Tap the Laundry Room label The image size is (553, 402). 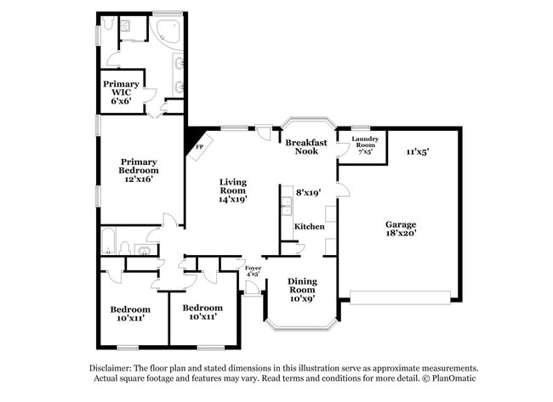[365, 144]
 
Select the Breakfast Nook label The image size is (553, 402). [301, 146]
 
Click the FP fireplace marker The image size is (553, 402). [200, 146]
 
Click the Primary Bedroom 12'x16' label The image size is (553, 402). [138, 171]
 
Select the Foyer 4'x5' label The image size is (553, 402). [253, 270]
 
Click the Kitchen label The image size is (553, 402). [309, 227]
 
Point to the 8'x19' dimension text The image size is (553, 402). [307, 193]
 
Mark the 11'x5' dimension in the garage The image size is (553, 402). [417, 151]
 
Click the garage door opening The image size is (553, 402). [400, 297]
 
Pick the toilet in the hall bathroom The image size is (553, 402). [125, 247]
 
